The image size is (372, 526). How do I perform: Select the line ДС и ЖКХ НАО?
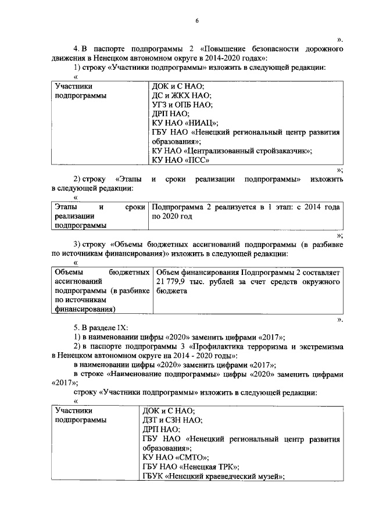point(181,95)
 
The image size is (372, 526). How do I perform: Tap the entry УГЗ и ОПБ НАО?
point(182,105)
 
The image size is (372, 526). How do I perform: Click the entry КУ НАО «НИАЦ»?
point(184,123)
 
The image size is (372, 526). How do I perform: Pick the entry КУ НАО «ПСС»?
point(180,160)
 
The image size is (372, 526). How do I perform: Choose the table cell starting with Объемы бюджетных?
point(98,291)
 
